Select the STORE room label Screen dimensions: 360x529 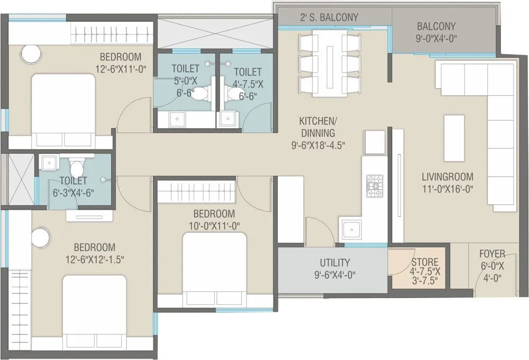[x=425, y=262]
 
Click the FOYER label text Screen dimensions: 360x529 [x=492, y=254]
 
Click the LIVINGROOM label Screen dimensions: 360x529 [x=447, y=176]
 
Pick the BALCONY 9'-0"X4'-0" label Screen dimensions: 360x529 [x=436, y=32]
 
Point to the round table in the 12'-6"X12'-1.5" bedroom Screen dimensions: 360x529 [x=40, y=238]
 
